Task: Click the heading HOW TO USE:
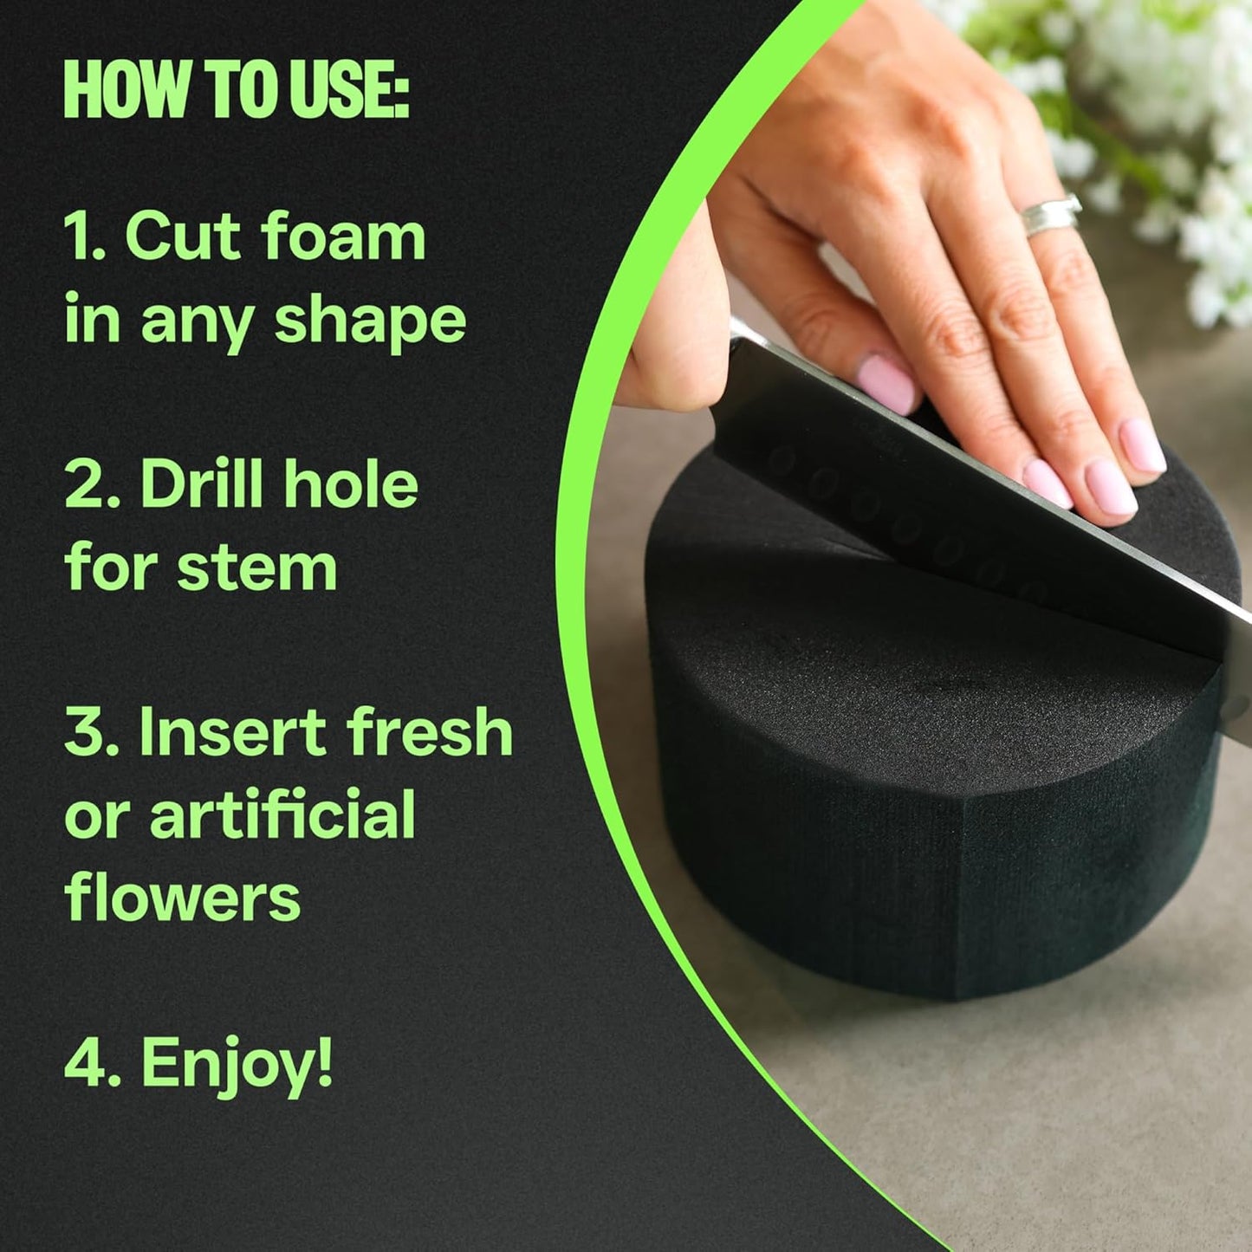pos(236,90)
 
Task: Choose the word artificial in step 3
pos(282,814)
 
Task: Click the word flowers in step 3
pos(183,898)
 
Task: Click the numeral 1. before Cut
pos(85,237)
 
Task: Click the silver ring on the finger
pos(1050,215)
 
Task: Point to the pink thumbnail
pos(888,381)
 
